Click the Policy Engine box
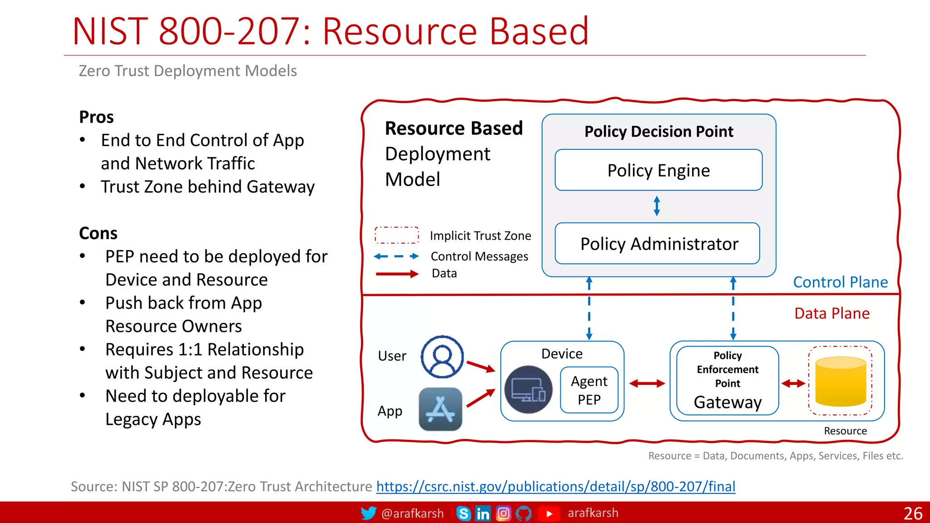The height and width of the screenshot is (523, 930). [x=658, y=170]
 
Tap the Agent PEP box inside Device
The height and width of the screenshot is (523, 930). [x=589, y=390]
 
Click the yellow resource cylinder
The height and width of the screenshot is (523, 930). [x=841, y=381]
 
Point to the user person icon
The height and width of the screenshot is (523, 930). [x=442, y=357]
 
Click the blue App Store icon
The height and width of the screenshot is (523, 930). [x=440, y=409]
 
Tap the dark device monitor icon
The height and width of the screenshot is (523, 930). [x=528, y=390]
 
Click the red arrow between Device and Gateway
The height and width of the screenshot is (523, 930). [x=647, y=384]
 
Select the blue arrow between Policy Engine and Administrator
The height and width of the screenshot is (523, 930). [x=657, y=206]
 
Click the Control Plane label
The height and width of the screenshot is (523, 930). [x=840, y=282]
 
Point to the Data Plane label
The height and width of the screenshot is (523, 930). [x=832, y=313]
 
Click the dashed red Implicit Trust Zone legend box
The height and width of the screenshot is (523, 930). [x=396, y=235]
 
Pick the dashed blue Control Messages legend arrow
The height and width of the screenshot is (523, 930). [x=396, y=257]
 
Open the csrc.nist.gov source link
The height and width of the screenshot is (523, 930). [x=555, y=486]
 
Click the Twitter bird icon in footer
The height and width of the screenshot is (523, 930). [x=368, y=513]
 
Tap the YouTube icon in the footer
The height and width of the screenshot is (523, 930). [x=549, y=513]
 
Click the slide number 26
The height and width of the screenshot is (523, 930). [x=912, y=513]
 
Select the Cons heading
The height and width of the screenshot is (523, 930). [x=98, y=233]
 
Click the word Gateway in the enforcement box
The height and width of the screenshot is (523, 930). [x=727, y=402]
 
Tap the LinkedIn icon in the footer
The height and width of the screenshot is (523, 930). [x=483, y=513]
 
